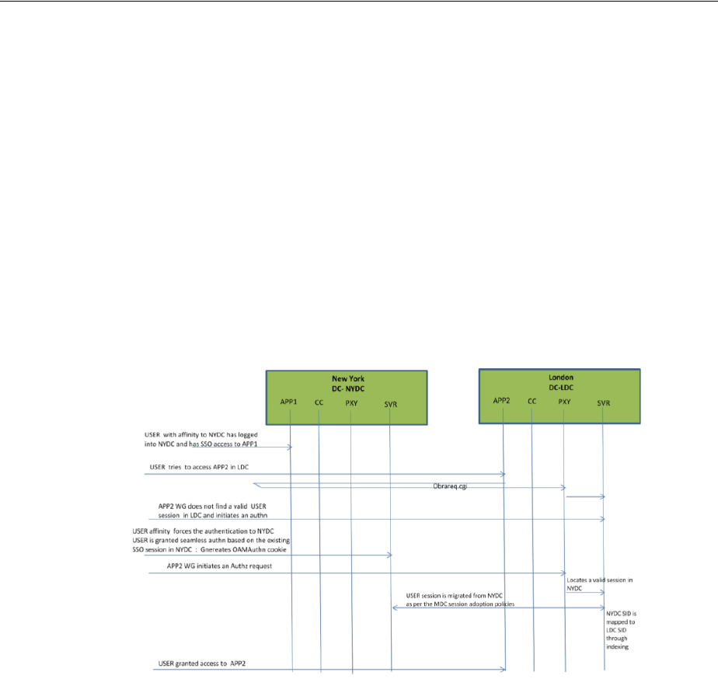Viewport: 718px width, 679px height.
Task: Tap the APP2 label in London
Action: click(x=503, y=402)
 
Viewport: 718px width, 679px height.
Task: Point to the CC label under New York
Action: click(x=319, y=402)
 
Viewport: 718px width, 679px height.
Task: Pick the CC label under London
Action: click(x=532, y=402)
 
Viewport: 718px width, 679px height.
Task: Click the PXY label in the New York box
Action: click(x=351, y=402)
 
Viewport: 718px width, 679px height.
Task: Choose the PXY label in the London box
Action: click(x=565, y=402)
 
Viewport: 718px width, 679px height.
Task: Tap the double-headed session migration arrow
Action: click(x=497, y=608)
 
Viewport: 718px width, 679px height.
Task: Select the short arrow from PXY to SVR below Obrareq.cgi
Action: click(x=584, y=496)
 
